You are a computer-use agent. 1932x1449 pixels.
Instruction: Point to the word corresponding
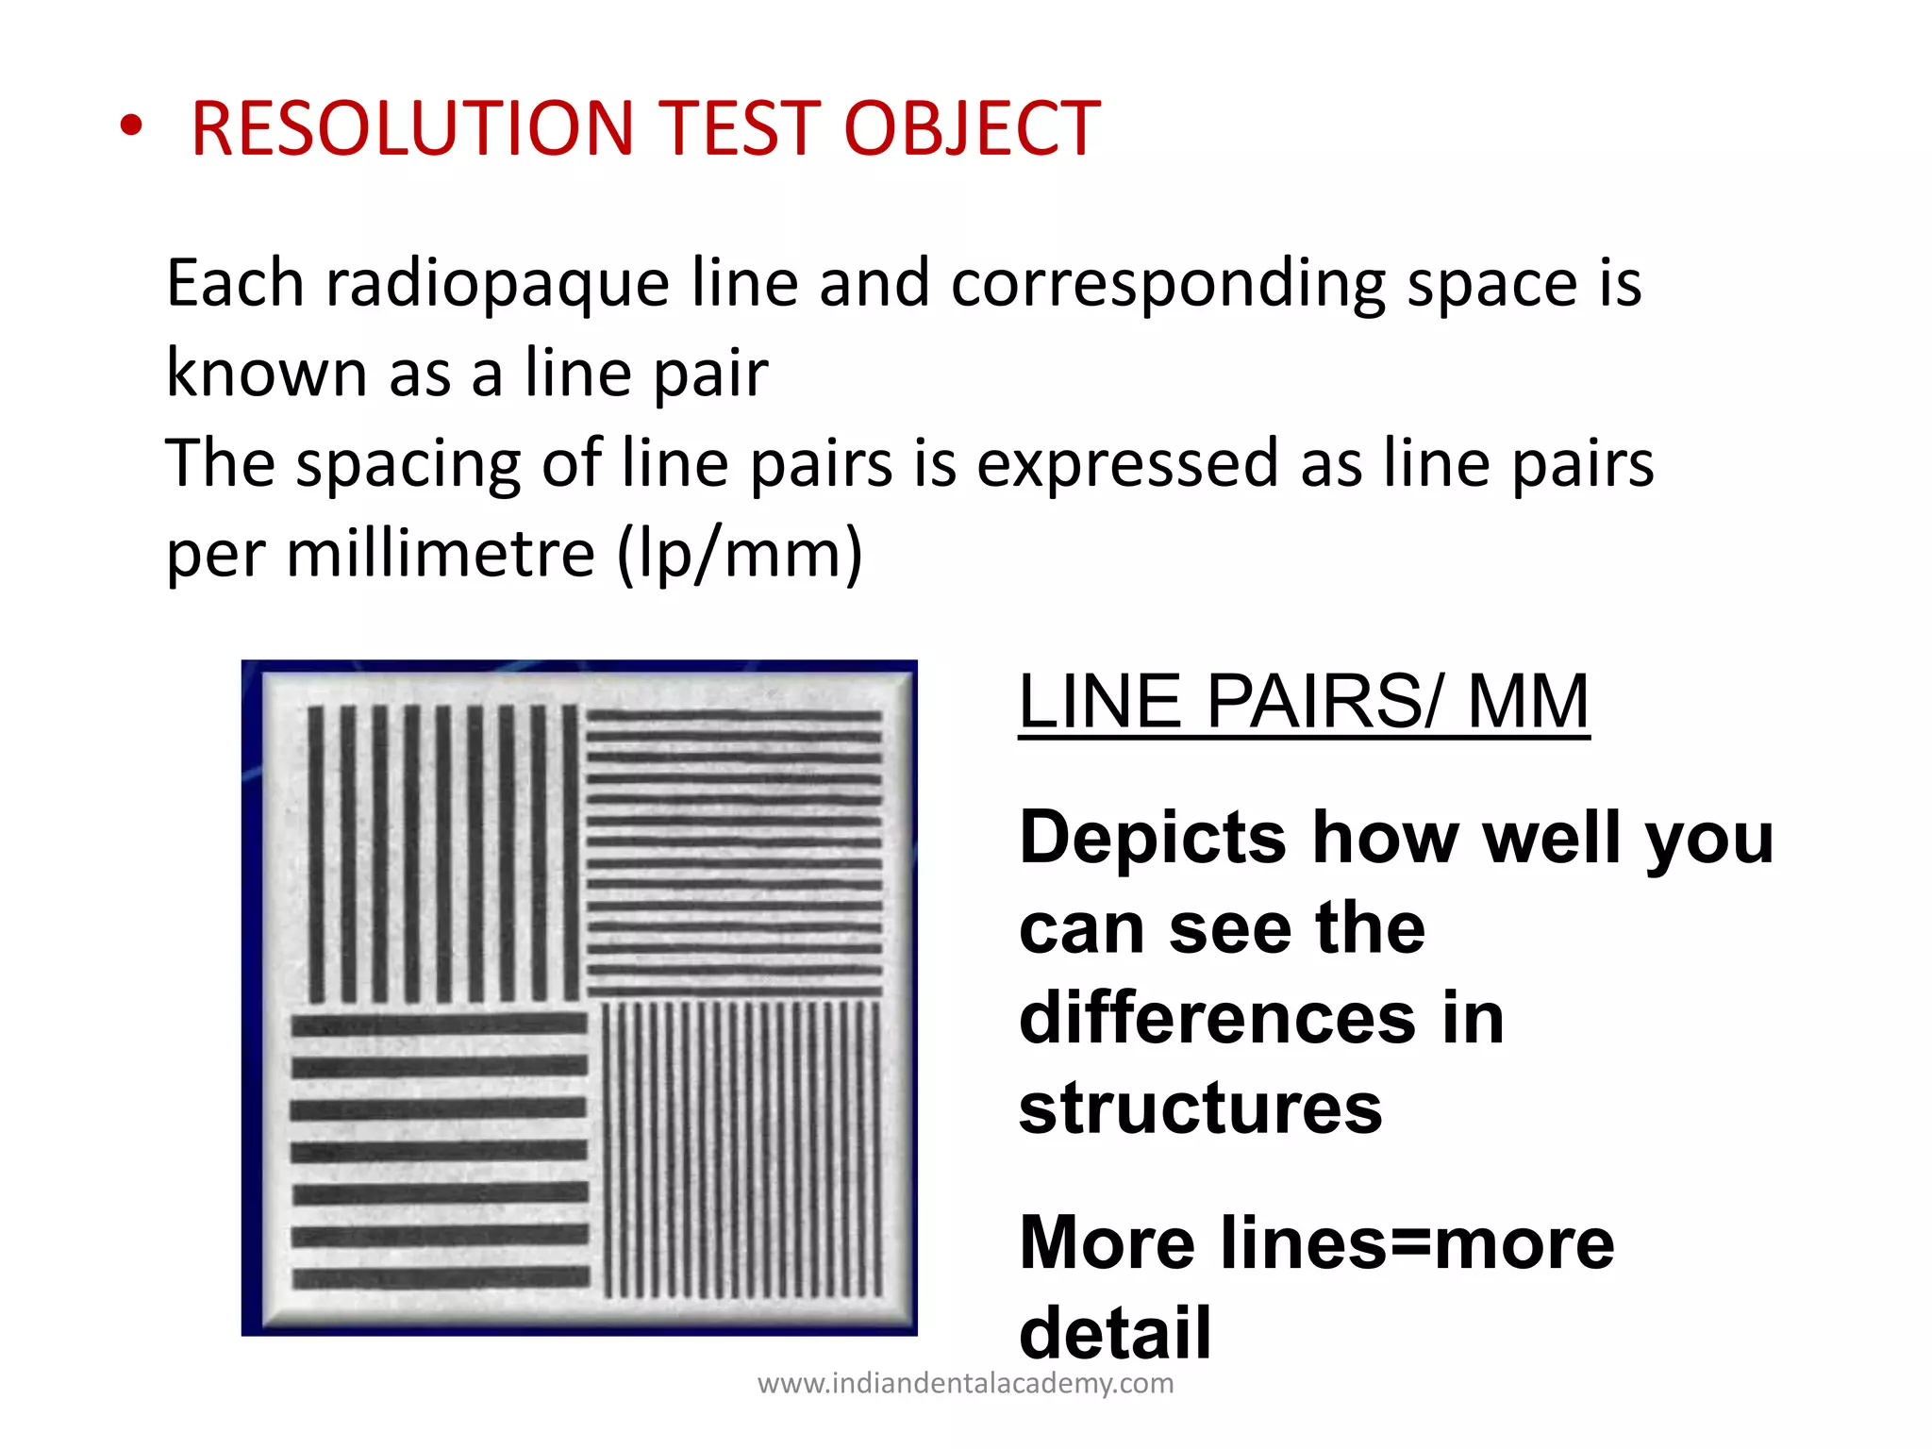coord(1168,283)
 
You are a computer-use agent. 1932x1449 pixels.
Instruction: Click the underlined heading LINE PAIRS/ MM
coord(1304,702)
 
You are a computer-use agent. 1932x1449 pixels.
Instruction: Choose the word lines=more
coord(1417,1243)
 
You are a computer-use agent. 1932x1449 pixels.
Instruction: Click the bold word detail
coord(1115,1333)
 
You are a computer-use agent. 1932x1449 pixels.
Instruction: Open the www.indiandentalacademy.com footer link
coord(965,1384)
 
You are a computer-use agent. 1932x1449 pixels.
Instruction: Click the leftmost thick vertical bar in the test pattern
coord(317,854)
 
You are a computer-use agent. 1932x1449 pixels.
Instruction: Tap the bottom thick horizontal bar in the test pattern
coord(440,1278)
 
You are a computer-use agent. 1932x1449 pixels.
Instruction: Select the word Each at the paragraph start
coord(235,283)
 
